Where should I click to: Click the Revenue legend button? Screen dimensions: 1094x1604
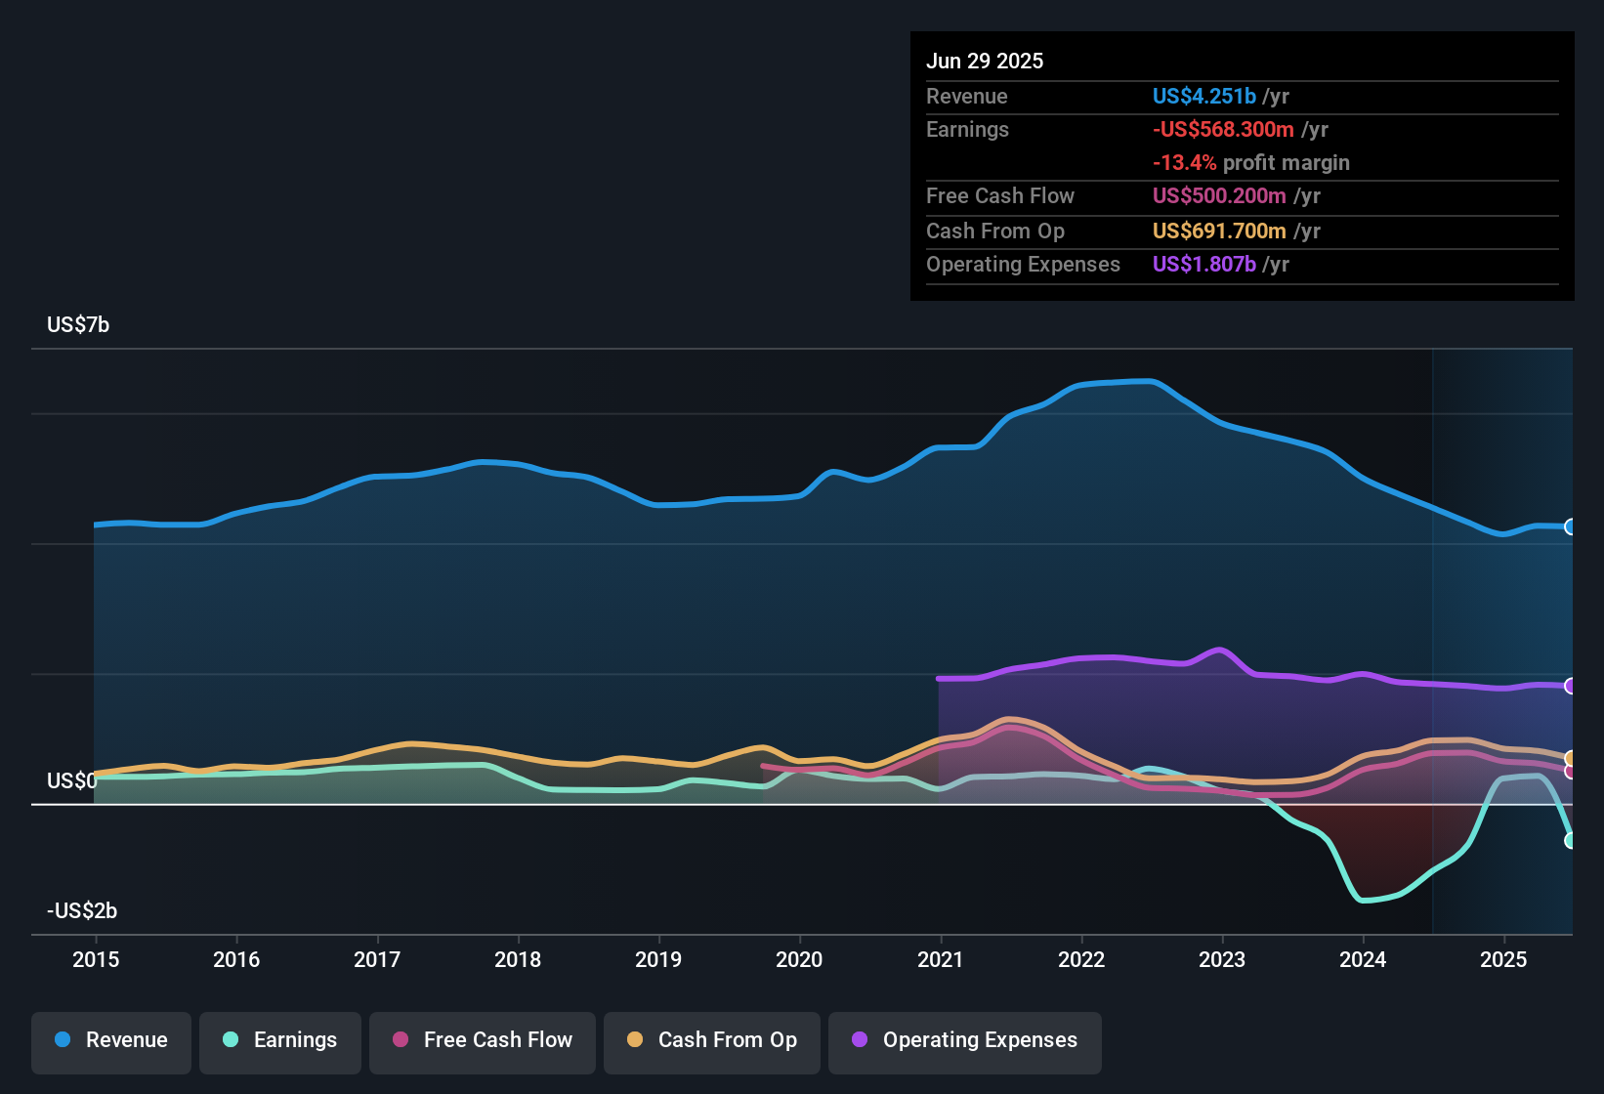111,1040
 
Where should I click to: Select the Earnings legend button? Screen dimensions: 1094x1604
280,1040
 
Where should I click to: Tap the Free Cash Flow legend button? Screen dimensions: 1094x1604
483,1040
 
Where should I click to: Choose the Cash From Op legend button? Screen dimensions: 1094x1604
712,1040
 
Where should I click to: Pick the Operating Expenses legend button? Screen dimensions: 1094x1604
965,1040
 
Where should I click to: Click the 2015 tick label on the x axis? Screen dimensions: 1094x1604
96,960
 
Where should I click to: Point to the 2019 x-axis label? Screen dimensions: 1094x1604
658,960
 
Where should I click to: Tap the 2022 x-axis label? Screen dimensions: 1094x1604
1081,960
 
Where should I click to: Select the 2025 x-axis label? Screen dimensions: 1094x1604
1503,960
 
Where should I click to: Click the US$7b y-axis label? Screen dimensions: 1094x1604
78,325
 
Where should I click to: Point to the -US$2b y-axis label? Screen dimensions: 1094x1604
82,911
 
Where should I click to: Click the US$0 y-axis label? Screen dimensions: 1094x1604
71,781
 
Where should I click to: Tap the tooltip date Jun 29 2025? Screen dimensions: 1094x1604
985,62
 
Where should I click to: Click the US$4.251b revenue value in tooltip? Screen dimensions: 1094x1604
1203,97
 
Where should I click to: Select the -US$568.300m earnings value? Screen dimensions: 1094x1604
1223,130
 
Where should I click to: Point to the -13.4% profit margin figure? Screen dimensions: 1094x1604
1184,163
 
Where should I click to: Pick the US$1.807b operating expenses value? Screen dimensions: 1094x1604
1203,265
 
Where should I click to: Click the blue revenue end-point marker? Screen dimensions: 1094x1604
1570,527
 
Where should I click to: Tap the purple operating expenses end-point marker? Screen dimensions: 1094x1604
1570,686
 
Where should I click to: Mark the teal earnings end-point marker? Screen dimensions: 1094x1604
1570,840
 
